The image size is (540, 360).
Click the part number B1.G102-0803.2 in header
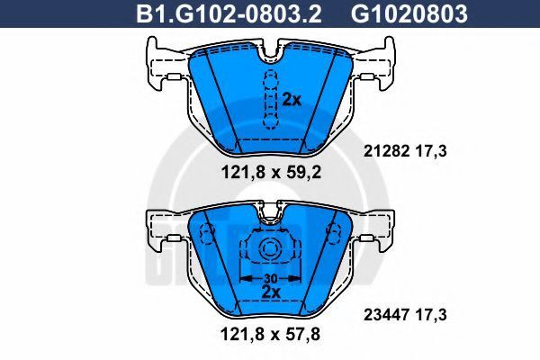[x=229, y=14]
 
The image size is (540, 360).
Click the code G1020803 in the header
[x=409, y=14]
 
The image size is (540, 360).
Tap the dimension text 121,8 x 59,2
[x=271, y=172]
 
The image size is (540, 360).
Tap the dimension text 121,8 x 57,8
[x=270, y=334]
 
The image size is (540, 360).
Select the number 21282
[x=386, y=151]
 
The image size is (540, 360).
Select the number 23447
[x=386, y=314]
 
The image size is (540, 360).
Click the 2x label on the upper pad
[x=292, y=100]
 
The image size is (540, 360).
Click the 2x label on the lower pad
[x=271, y=292]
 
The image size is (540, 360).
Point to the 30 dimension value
[x=271, y=278]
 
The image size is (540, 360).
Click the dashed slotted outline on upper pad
[x=271, y=99]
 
